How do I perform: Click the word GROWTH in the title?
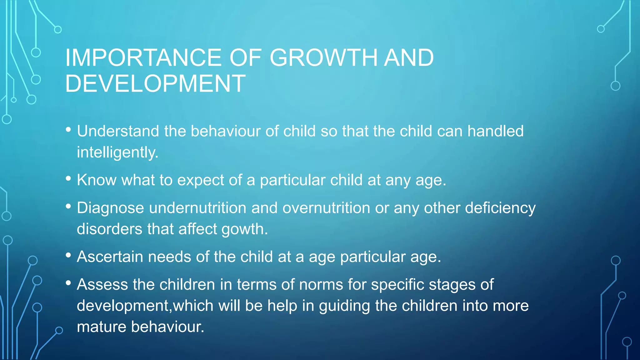tap(323, 58)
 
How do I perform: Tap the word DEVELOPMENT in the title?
tap(155, 83)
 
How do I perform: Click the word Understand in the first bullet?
tap(118, 131)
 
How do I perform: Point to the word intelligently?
tap(117, 152)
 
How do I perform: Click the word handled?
tap(495, 131)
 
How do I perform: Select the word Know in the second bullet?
tap(97, 180)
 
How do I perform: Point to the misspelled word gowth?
tap(244, 229)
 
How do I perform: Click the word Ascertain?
tap(110, 257)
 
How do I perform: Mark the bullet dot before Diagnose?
tap(68, 206)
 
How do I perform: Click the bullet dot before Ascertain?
tap(68, 255)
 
